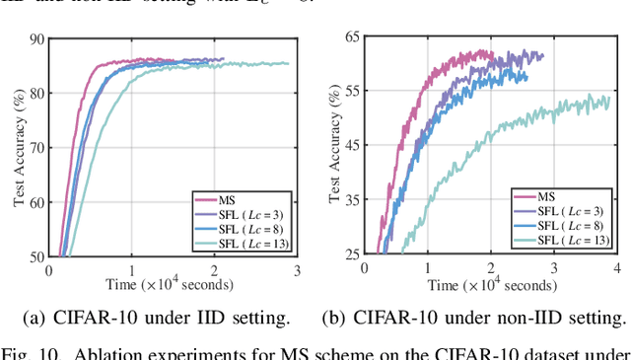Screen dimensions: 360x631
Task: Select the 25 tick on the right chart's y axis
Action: [x=347, y=255]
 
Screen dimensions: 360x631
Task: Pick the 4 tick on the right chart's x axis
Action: [x=616, y=267]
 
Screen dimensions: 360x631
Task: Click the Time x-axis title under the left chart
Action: [x=173, y=285]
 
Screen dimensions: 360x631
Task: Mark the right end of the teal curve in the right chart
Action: [x=608, y=99]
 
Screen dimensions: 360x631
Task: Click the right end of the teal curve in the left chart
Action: [x=289, y=64]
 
